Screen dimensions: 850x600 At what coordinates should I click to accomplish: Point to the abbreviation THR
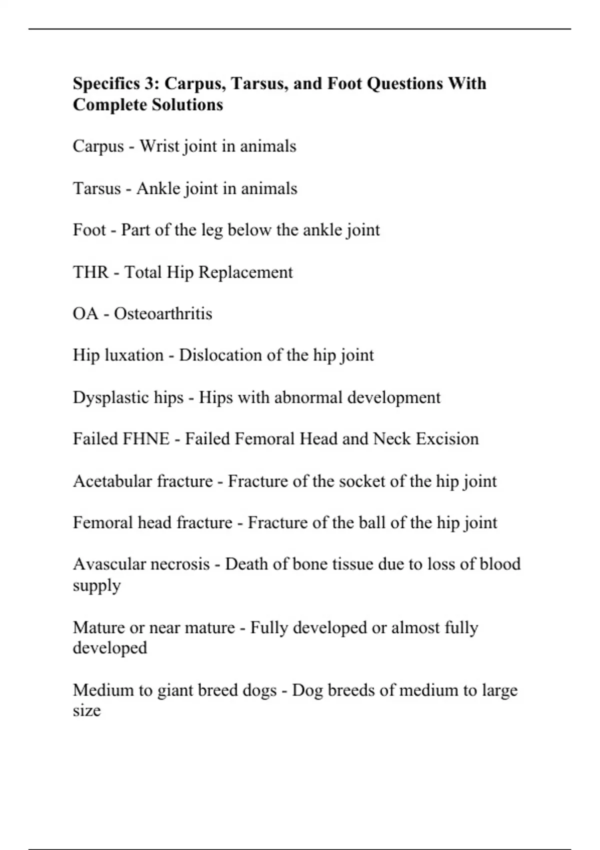click(x=90, y=272)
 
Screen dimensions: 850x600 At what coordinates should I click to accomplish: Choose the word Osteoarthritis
click(x=163, y=314)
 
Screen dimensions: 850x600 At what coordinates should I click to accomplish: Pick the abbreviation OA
click(x=85, y=314)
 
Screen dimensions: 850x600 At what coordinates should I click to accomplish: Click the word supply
click(x=96, y=586)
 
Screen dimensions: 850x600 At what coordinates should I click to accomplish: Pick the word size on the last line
click(x=86, y=710)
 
